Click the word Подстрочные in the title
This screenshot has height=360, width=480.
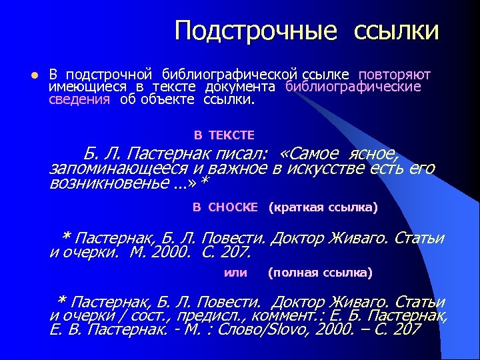tap(257, 31)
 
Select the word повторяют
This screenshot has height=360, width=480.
tap(395, 74)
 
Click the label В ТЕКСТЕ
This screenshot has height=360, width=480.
tap(224, 135)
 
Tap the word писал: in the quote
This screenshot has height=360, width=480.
tap(238, 153)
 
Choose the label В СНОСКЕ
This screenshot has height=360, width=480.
tap(225, 207)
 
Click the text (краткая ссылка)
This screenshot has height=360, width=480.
tap(323, 207)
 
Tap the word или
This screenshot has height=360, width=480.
tap(235, 272)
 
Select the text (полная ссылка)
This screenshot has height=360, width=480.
tap(320, 272)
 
